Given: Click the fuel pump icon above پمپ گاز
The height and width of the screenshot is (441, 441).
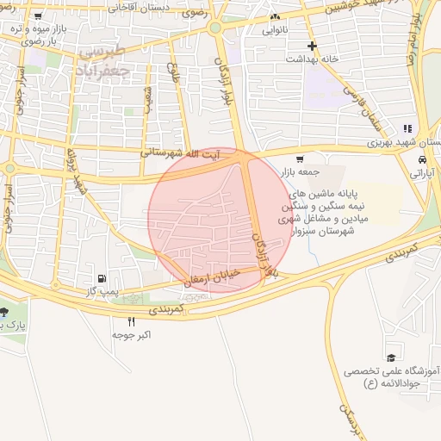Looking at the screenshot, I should (x=103, y=278).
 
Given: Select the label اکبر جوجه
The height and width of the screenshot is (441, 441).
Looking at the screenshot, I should (x=132, y=334).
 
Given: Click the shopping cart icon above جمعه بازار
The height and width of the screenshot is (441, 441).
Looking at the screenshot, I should (x=299, y=158).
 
